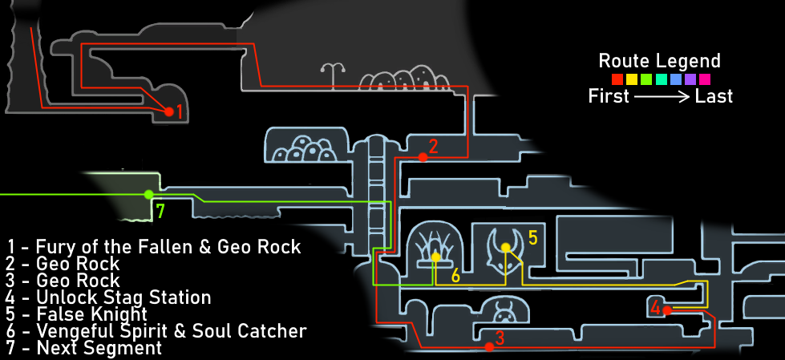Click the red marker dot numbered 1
(169, 112)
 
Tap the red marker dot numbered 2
(423, 157)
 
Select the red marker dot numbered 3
(488, 347)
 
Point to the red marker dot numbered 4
(666, 309)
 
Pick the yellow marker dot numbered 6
(435, 257)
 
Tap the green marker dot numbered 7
(148, 194)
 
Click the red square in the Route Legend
(617, 79)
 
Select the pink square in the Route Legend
(704, 79)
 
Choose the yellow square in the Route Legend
(631, 79)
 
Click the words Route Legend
(660, 61)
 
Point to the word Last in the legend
(714, 96)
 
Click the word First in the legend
(609, 96)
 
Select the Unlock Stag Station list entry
(108, 297)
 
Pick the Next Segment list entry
(84, 348)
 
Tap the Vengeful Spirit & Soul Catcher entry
(157, 331)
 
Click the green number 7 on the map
(160, 212)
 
